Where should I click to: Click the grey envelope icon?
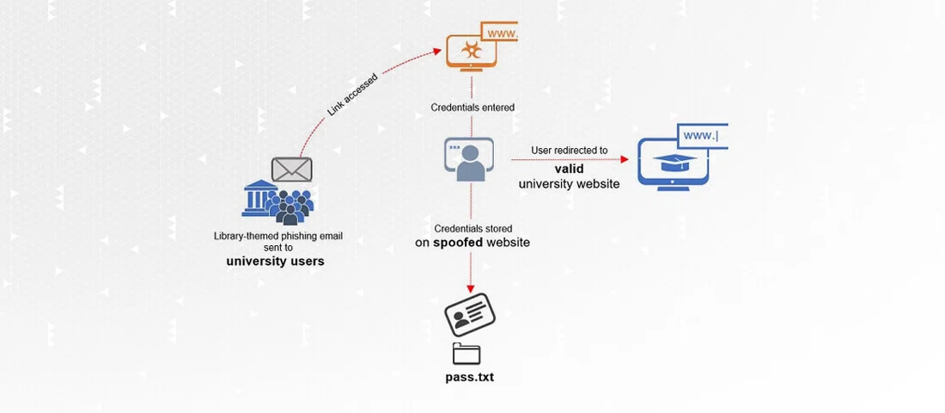(x=291, y=169)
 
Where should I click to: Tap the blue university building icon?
(x=258, y=199)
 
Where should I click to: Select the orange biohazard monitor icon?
(x=471, y=52)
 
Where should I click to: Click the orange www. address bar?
(x=501, y=34)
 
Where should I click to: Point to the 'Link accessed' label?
(x=352, y=96)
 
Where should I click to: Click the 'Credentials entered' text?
(x=472, y=108)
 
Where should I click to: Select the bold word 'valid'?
(x=569, y=169)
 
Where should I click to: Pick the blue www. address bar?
(x=702, y=136)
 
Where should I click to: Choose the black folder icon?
(x=466, y=353)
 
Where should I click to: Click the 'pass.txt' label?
(x=469, y=377)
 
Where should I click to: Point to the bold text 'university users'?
(x=275, y=261)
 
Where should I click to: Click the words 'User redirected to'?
(x=569, y=151)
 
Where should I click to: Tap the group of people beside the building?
(x=291, y=207)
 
